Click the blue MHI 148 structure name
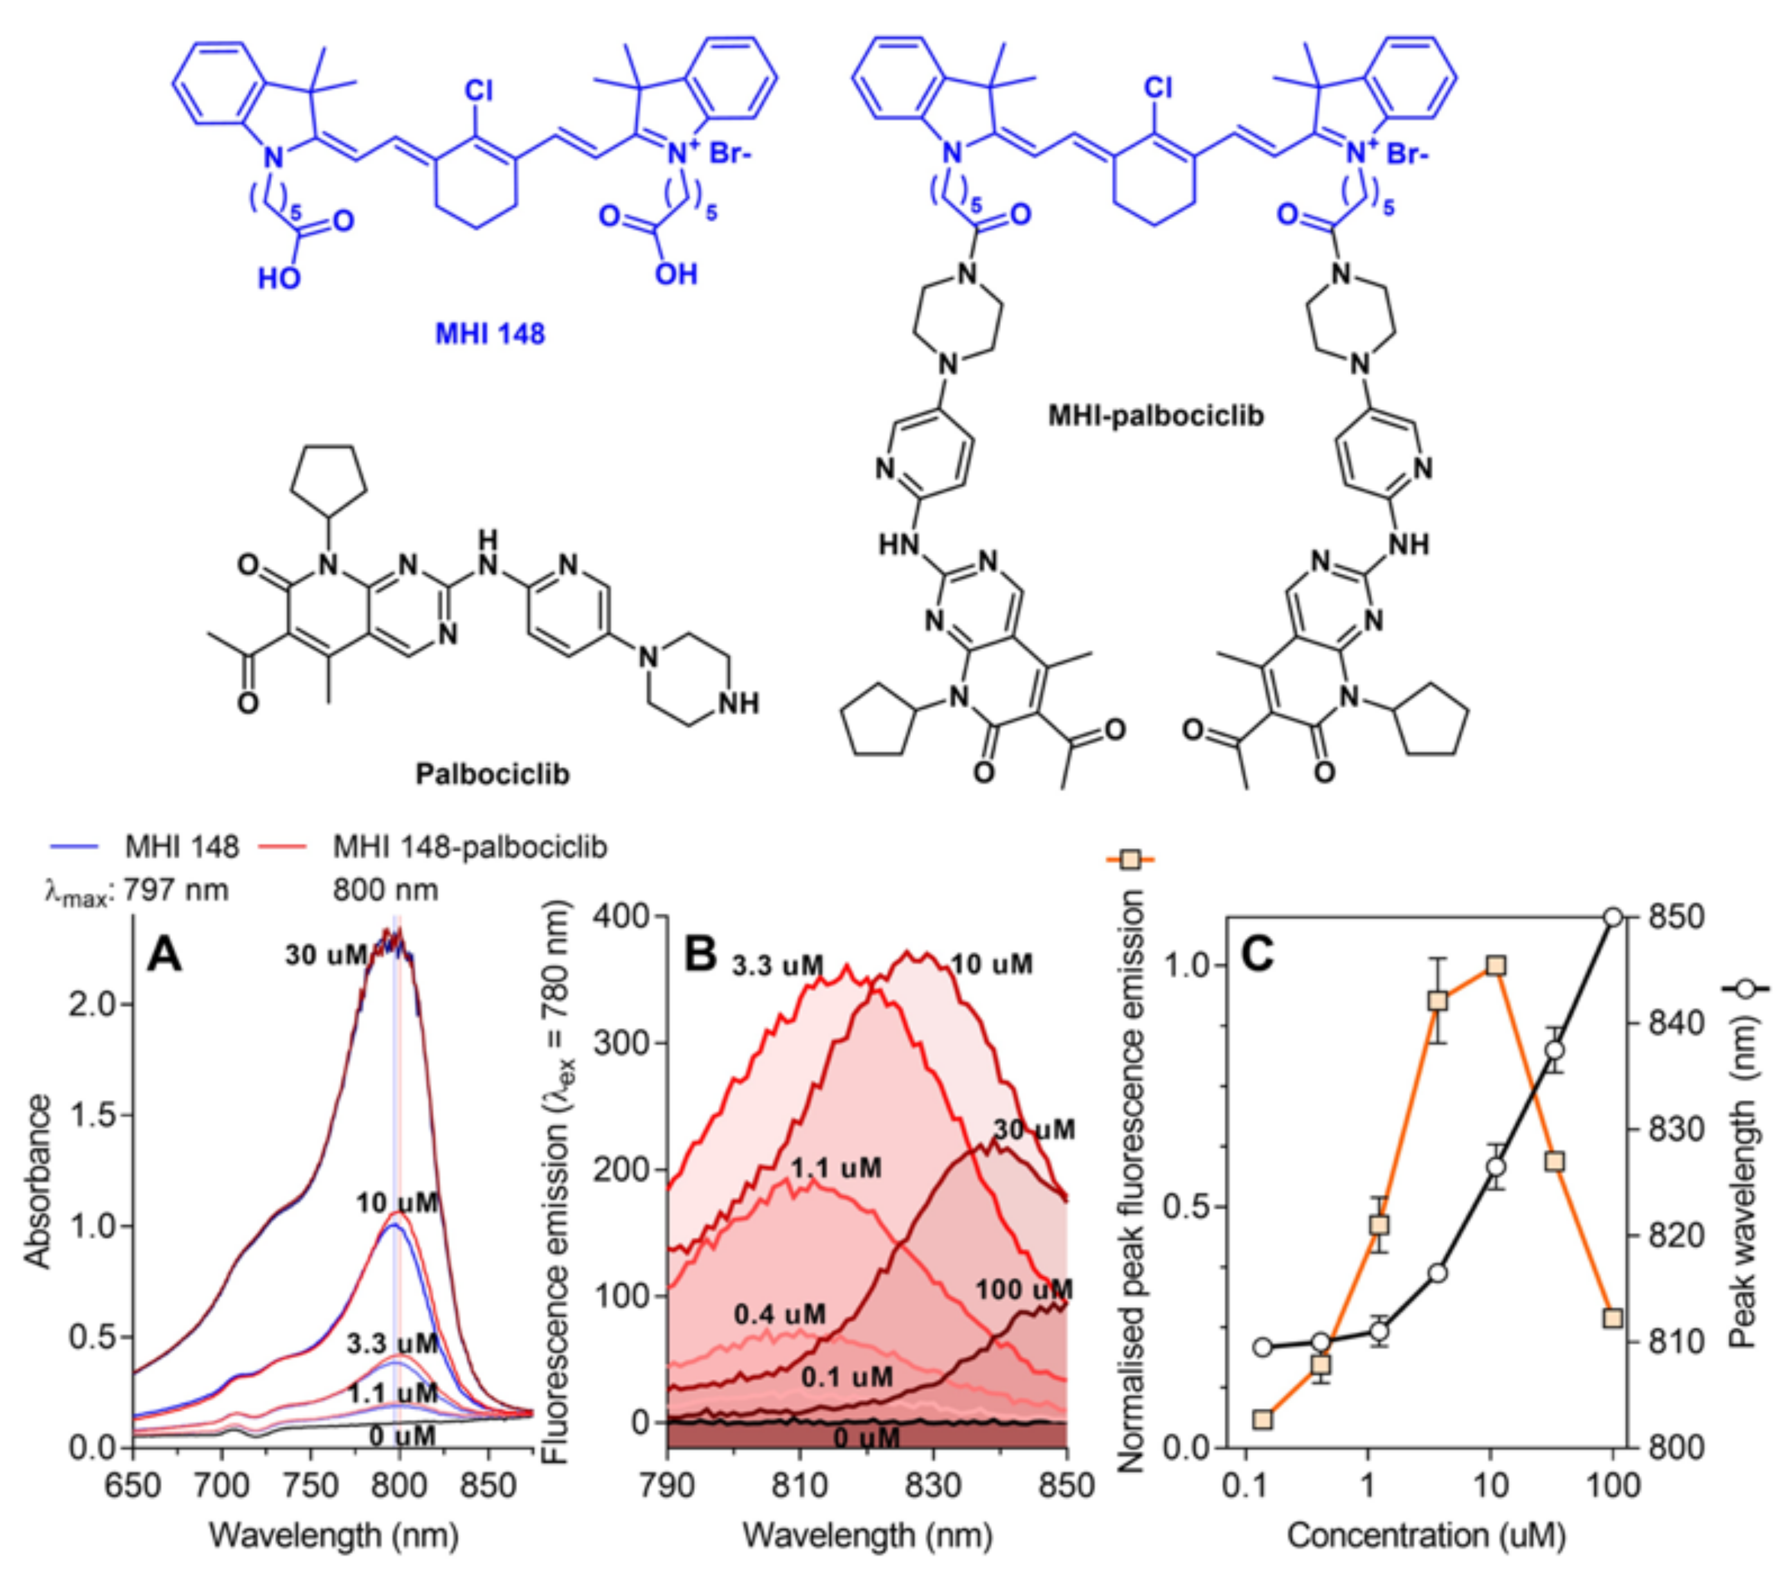click(x=489, y=334)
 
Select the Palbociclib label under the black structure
click(x=492, y=774)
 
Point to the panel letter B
click(x=700, y=953)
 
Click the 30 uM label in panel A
click(x=326, y=955)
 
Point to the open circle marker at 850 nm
click(x=1613, y=917)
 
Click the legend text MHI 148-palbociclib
click(x=470, y=847)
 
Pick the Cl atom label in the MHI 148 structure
click(x=479, y=90)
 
